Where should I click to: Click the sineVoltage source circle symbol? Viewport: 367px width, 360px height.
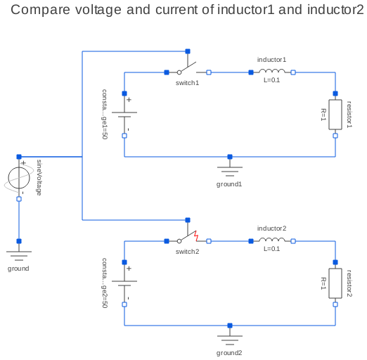tap(19, 178)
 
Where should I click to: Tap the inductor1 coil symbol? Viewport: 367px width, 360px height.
tap(272, 71)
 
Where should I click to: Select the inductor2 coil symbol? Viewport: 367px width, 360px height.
tap(272, 240)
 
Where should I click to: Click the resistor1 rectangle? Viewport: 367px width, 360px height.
tap(335, 115)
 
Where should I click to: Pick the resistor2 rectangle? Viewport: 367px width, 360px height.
tap(335, 283)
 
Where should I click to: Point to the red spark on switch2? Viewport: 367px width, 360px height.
tap(196, 236)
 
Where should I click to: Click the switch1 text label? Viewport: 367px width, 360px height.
tap(187, 83)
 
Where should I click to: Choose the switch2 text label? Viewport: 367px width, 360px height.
tap(187, 252)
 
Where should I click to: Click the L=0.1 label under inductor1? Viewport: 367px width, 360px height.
tap(272, 80)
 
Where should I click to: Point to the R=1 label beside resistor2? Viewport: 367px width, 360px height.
tap(323, 283)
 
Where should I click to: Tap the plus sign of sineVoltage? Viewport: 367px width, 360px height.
tap(23, 163)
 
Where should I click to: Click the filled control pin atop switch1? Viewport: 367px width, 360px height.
tap(188, 51)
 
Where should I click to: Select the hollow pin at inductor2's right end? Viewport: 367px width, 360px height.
tap(293, 241)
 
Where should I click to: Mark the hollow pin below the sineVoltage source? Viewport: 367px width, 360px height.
tap(19, 199)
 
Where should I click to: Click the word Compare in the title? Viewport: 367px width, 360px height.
tap(40, 10)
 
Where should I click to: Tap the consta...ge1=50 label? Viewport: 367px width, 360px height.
tap(105, 114)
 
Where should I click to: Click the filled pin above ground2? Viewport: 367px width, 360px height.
tap(230, 326)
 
